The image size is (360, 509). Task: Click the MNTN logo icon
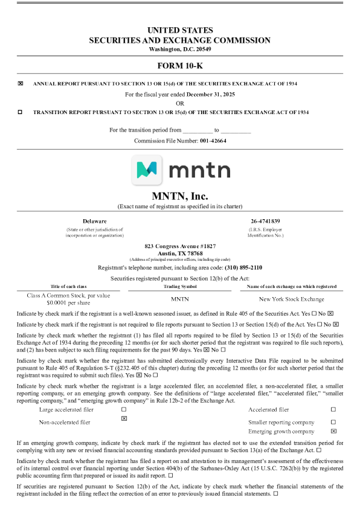tap(147, 170)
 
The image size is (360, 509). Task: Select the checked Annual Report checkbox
tap(21, 83)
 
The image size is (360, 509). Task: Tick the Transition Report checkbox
tap(21, 112)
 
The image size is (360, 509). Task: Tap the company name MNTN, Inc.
tap(179, 196)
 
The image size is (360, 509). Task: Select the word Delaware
tap(94, 222)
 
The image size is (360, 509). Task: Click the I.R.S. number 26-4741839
tap(265, 222)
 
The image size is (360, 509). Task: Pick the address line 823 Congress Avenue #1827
tap(179, 246)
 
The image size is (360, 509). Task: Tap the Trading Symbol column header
tap(180, 286)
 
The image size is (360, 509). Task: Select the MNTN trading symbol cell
tap(180, 299)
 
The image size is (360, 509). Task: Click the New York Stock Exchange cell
tap(292, 299)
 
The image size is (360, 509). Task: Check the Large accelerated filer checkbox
tap(124, 409)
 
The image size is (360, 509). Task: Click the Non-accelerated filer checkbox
tap(124, 418)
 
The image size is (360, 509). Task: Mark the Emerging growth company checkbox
tap(333, 432)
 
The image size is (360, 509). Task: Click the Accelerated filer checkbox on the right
tap(333, 409)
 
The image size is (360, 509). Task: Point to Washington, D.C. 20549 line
tap(179, 49)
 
